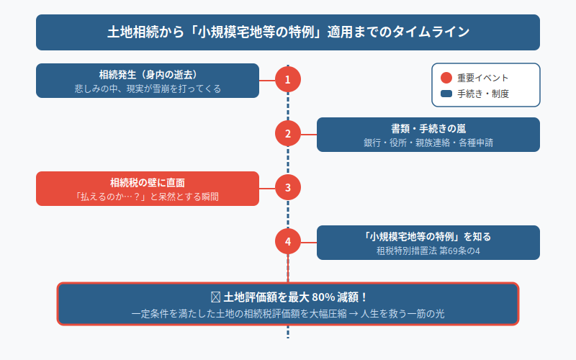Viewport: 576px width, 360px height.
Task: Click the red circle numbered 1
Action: (288, 80)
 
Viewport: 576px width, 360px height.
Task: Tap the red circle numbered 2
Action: (288, 133)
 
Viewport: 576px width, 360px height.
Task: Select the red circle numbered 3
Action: (288, 188)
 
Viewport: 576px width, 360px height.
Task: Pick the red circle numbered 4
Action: (288, 242)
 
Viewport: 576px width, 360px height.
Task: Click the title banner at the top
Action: (288, 32)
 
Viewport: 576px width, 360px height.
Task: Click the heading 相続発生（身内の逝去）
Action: (148, 74)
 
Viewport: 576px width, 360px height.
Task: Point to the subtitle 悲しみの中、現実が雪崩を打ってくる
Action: (148, 89)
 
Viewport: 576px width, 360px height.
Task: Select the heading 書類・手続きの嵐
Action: (428, 128)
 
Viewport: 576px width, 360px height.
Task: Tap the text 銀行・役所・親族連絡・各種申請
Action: (428, 143)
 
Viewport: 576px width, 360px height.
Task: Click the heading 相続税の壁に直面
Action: (148, 182)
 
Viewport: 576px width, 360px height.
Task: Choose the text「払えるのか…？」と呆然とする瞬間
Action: (148, 197)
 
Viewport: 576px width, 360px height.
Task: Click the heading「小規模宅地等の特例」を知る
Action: (428, 236)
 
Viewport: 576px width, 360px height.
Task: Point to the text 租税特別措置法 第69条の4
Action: (428, 251)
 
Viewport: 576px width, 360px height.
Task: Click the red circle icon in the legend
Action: (446, 78)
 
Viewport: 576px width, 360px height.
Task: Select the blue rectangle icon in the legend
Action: (446, 94)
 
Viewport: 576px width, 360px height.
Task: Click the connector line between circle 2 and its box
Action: (309, 134)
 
